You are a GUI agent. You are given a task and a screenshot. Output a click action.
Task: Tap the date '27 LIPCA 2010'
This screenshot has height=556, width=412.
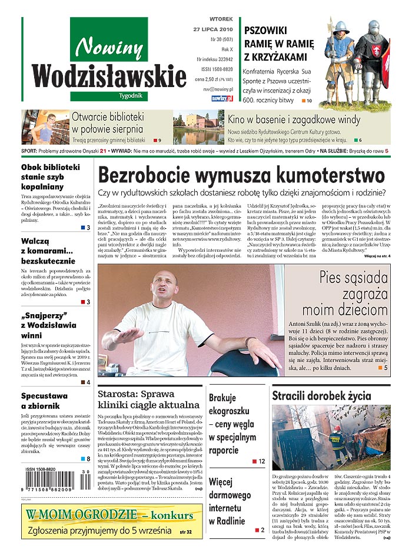pyautogui.click(x=212, y=29)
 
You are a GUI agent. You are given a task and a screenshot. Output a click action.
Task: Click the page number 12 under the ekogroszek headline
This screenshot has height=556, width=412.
pyautogui.click(x=261, y=461)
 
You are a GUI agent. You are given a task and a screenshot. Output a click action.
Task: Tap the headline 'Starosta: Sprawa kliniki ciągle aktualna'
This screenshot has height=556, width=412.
pyautogui.click(x=148, y=399)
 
